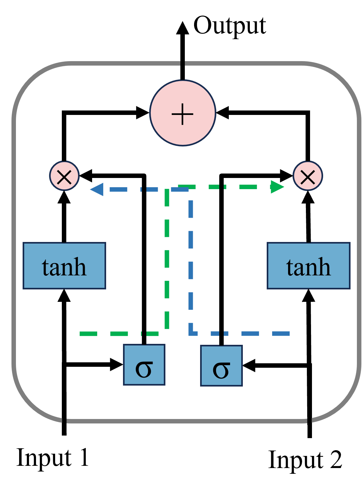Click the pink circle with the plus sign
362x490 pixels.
click(183, 113)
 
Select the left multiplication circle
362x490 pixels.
click(64, 176)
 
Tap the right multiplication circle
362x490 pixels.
click(308, 176)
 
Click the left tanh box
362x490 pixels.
click(64, 266)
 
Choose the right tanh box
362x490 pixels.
click(308, 266)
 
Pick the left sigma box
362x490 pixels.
click(144, 365)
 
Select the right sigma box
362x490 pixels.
click(221, 366)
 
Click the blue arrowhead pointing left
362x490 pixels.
click(97, 189)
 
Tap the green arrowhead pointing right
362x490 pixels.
click(277, 187)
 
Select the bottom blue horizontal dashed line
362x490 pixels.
click(242, 333)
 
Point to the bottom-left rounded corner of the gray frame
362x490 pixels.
click(29, 404)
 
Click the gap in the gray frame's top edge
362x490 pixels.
click(183, 64)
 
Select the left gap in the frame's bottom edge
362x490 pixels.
click(64, 421)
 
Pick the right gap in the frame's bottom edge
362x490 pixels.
click(309, 421)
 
